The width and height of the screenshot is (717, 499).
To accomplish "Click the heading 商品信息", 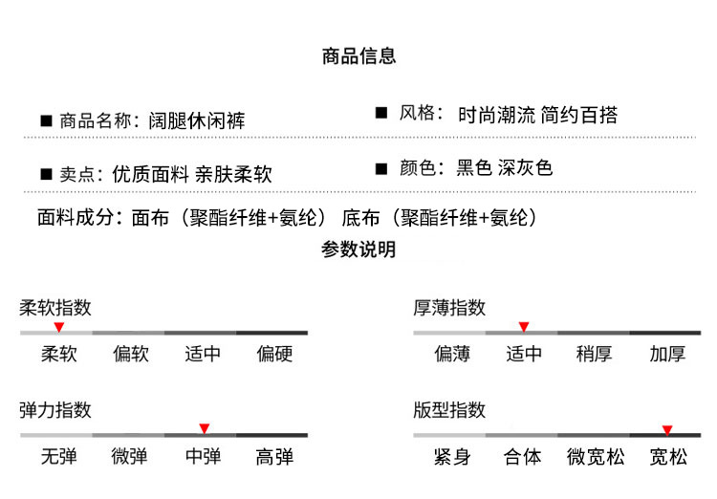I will point(358,56).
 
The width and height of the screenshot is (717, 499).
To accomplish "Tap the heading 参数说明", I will point(358,250).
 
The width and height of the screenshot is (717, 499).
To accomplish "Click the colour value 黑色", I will point(474,168).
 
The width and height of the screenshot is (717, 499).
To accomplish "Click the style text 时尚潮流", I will point(496,115).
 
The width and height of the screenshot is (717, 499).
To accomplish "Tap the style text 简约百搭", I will point(579,115).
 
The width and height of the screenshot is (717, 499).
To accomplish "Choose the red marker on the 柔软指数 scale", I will point(59,327).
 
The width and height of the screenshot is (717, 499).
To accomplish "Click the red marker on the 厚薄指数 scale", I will point(523,327).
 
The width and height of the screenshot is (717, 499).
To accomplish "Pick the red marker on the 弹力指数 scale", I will point(204,428).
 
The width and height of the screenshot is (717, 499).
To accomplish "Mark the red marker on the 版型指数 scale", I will point(667,429).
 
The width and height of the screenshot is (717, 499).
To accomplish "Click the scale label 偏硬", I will point(274,354).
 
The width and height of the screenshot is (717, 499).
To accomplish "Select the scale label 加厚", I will point(667,354).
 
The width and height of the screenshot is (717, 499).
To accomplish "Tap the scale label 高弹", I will point(274,457).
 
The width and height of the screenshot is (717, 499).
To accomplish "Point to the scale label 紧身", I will point(452,457).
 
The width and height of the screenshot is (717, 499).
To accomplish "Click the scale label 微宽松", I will point(596,457).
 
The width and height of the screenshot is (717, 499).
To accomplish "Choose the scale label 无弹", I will point(59,457).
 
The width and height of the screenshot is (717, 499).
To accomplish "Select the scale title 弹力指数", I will point(55,410).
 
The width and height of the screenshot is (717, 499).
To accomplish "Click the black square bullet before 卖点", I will point(45,175).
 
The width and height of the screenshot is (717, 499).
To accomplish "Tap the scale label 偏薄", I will point(452,354).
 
